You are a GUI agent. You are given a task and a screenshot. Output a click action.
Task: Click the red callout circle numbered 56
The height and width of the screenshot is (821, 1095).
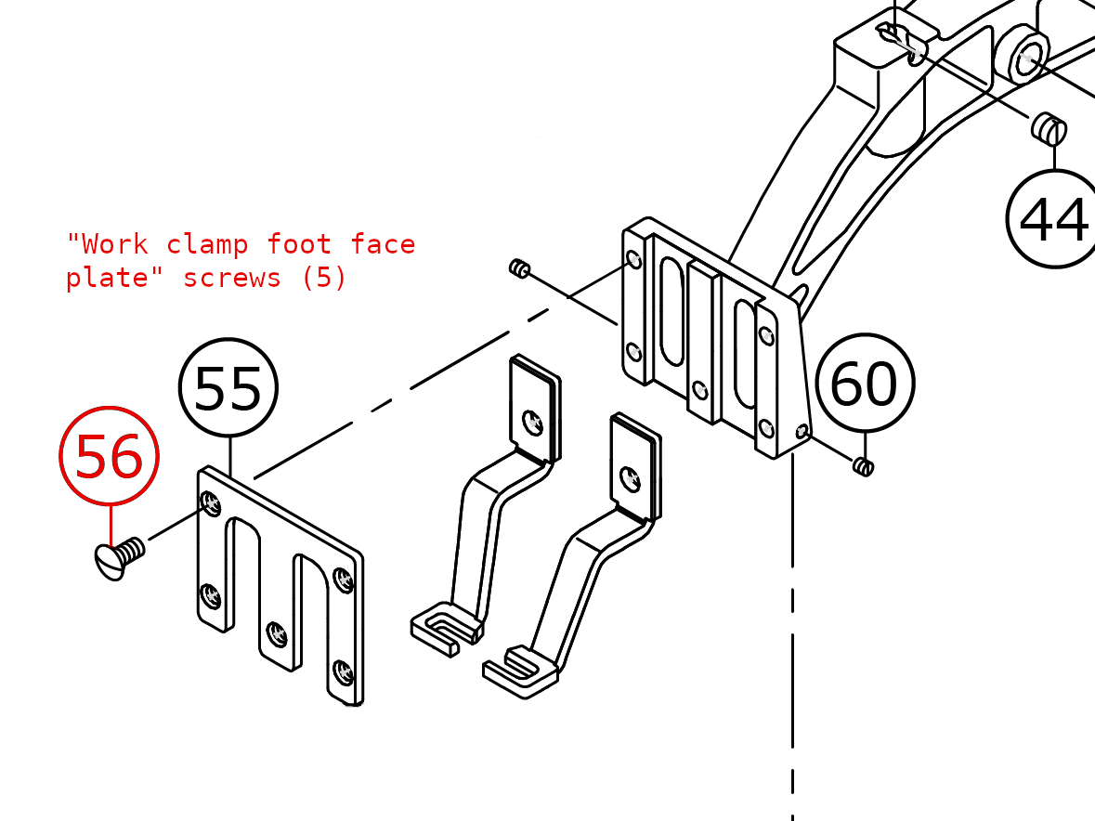[x=109, y=456]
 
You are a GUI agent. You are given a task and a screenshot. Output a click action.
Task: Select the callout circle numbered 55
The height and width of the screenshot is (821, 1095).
[x=228, y=387]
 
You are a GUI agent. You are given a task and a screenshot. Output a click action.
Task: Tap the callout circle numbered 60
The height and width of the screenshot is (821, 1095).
[x=865, y=383]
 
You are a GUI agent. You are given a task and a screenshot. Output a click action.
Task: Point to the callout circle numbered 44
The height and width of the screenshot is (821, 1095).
[x=1054, y=219]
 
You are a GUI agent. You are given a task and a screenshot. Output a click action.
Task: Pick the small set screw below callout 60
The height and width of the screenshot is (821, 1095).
[x=864, y=465]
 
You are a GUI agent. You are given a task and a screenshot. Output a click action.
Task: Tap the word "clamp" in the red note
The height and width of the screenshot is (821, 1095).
[x=207, y=244]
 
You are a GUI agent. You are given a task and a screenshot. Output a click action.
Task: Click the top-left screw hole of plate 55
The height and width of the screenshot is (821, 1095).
[x=211, y=504]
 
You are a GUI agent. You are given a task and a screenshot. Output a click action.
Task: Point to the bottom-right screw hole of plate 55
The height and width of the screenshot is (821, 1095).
[x=342, y=670]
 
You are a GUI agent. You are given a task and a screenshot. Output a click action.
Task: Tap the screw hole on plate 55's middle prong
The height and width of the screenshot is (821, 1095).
[x=276, y=634]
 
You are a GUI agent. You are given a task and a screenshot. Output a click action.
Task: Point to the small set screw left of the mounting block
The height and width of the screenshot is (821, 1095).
[x=519, y=270]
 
